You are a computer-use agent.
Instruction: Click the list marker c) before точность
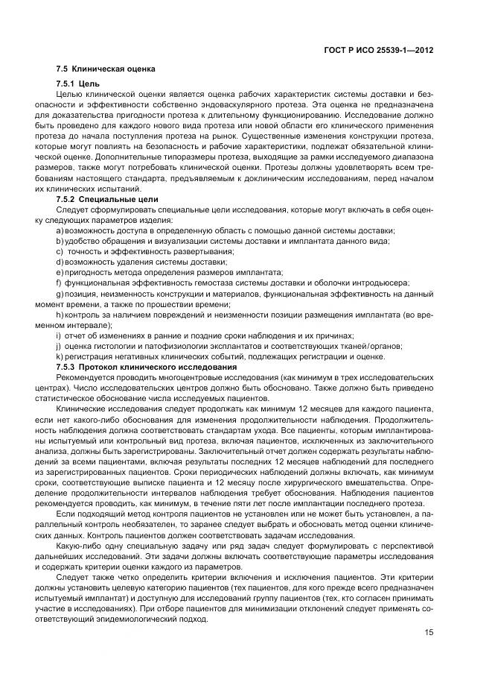point(59,250)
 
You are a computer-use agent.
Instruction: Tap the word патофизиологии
point(160,346)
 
